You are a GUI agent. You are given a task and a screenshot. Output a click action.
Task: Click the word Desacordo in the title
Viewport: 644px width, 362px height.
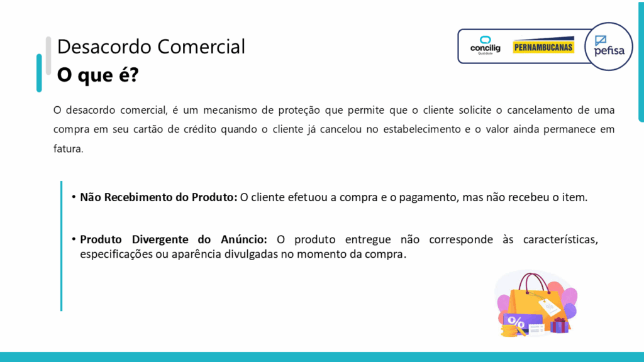click(104, 47)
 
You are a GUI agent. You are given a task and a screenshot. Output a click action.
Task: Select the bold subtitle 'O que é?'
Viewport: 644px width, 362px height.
click(97, 75)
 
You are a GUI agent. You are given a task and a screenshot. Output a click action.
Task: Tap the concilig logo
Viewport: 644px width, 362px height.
click(485, 45)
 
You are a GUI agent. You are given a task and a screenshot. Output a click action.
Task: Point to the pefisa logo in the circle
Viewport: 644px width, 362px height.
click(609, 47)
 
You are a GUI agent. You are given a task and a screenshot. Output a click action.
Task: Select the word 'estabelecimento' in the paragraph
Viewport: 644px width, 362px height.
click(422, 129)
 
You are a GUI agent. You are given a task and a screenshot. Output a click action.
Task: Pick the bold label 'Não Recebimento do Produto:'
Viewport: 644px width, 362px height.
click(158, 197)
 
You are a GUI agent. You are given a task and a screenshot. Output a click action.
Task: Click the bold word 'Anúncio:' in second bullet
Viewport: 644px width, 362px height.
click(244, 239)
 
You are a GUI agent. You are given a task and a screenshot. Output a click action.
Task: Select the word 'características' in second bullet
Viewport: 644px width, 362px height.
click(560, 239)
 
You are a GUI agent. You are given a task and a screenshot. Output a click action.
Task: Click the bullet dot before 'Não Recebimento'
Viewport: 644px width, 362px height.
click(74, 197)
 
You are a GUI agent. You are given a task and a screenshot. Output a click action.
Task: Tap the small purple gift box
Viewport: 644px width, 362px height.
click(559, 325)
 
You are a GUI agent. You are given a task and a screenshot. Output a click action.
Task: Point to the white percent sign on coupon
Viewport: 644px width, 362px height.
click(516, 321)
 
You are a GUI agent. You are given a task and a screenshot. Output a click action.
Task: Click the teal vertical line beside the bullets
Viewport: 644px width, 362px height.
click(61, 246)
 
